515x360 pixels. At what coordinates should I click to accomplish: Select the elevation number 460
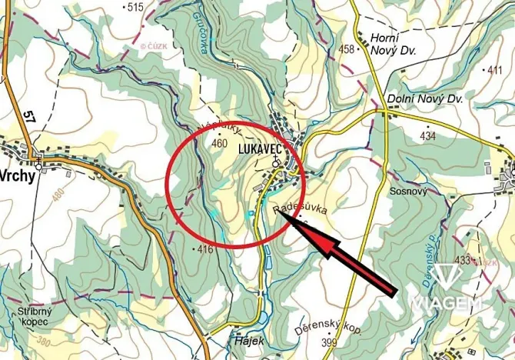tap(219, 144)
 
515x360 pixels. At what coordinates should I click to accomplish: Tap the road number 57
tap(30, 116)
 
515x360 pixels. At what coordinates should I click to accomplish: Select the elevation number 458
tap(348, 50)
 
